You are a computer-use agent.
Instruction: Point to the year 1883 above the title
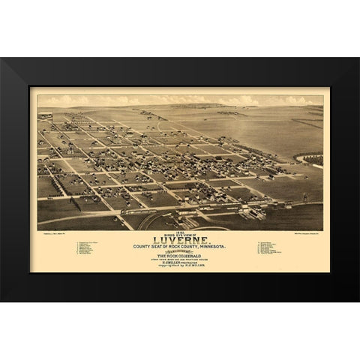(180, 230)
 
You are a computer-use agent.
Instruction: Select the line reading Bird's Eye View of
(180, 233)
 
